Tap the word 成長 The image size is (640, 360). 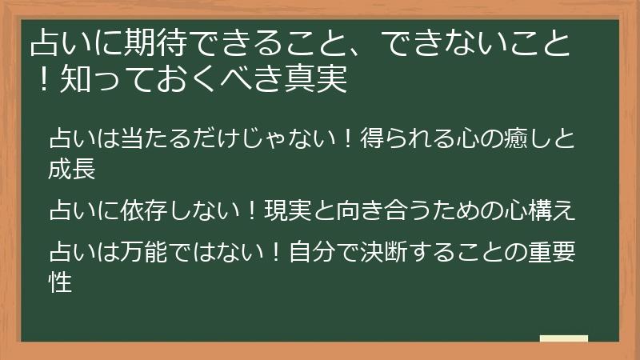(x=72, y=170)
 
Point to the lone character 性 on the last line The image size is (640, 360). (x=60, y=283)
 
